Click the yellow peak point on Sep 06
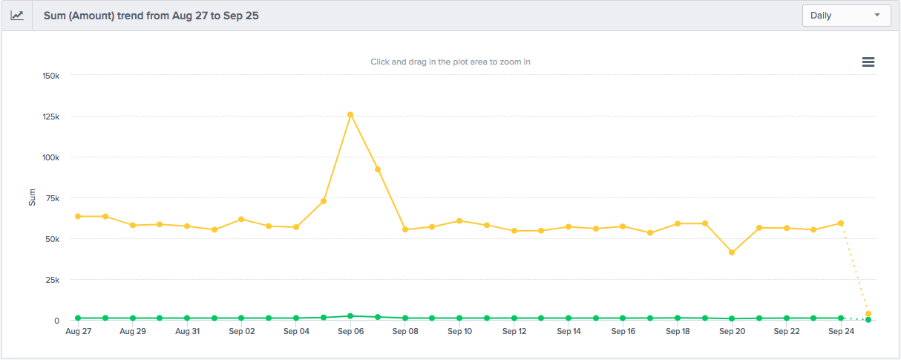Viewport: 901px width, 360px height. (350, 115)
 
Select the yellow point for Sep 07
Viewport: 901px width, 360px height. (378, 169)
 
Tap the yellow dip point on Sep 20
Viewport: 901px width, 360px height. (732, 252)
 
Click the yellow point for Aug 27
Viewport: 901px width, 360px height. (78, 216)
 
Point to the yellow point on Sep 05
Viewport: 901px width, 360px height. (324, 201)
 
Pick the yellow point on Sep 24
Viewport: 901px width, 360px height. (841, 223)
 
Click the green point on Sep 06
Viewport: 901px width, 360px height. (350, 316)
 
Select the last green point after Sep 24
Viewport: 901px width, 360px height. (868, 319)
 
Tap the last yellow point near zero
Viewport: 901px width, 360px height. (868, 314)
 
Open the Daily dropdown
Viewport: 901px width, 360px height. (846, 16)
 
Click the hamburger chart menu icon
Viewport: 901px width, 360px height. (868, 62)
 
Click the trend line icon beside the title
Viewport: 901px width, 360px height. (17, 16)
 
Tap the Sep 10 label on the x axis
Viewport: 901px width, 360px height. (459, 332)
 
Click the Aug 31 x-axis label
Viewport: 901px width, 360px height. (187, 332)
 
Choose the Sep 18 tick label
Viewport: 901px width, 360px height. (678, 332)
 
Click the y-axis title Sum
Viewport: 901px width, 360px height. (32, 197)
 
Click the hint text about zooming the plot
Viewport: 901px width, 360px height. (450, 62)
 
